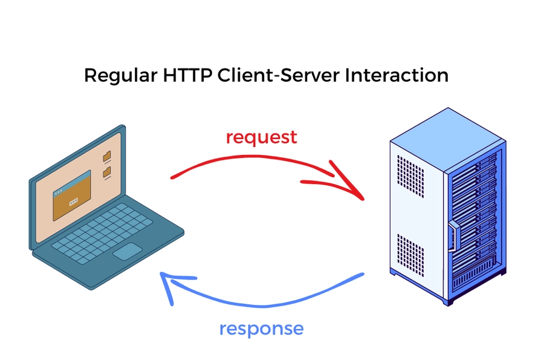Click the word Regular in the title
coord(120,76)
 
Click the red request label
coord(261,137)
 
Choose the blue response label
coord(261,329)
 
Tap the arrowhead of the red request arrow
coord(357,193)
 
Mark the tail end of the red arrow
coord(173,178)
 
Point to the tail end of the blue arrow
coord(363,275)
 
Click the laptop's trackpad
coord(128,251)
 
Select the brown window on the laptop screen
coord(71,195)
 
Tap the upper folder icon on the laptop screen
coord(107,157)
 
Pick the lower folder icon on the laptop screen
coord(107,172)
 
